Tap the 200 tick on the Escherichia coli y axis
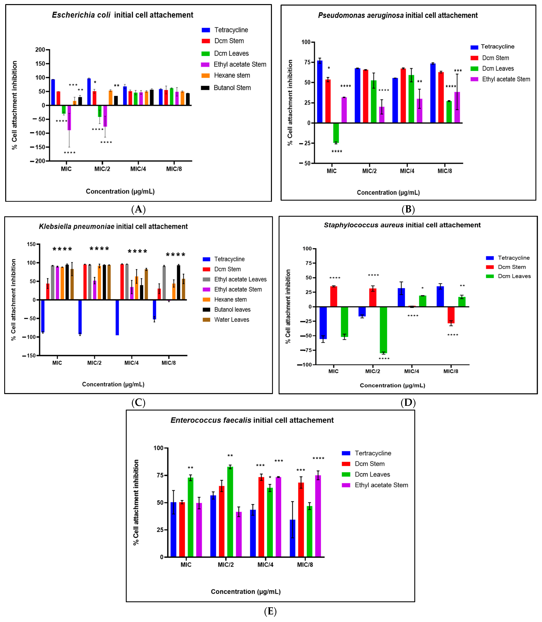pyautogui.click(x=40, y=50)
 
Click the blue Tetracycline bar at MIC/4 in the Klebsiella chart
pyautogui.click(x=117, y=317)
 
